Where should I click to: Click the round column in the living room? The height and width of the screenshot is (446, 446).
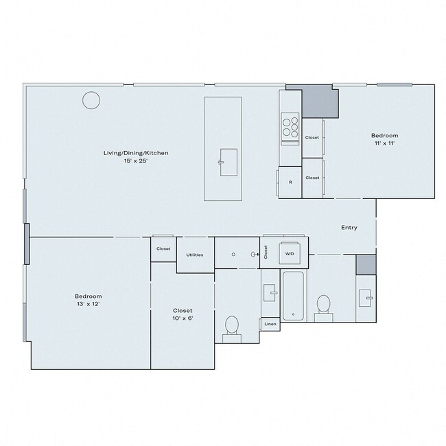pos(91,102)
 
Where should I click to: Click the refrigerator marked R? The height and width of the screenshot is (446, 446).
pos(290,183)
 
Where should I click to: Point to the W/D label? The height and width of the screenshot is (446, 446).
pos(290,253)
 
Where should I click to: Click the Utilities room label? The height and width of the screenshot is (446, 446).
pos(195,255)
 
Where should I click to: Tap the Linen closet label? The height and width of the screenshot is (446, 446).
pos(270,324)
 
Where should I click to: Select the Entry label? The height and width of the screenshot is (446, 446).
pos(349,228)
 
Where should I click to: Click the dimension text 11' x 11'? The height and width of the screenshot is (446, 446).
pos(385,145)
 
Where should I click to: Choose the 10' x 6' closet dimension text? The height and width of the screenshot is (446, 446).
pos(183,318)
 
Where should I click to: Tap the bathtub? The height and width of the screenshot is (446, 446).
pos(293,296)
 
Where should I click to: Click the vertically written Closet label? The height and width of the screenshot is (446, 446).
pos(265,252)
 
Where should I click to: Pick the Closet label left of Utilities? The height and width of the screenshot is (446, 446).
pos(163,248)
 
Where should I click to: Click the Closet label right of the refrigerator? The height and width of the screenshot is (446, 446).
pos(312,178)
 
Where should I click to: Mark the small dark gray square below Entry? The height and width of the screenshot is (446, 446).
pos(366,263)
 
